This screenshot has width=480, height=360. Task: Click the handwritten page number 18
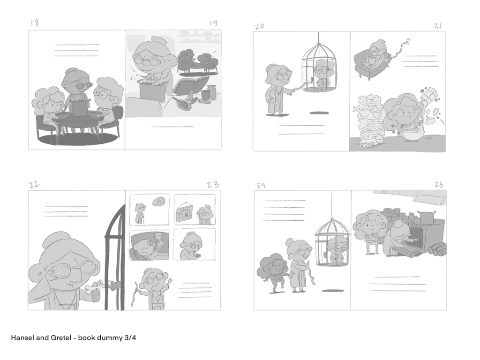(35, 23)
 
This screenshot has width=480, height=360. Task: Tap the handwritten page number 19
(214, 24)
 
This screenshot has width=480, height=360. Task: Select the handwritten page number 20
(259, 26)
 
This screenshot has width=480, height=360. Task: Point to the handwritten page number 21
(438, 26)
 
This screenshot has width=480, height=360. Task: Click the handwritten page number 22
(34, 185)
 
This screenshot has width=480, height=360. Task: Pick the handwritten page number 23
(213, 185)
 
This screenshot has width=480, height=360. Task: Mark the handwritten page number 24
(261, 185)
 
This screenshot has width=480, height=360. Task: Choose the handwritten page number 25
(439, 185)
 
